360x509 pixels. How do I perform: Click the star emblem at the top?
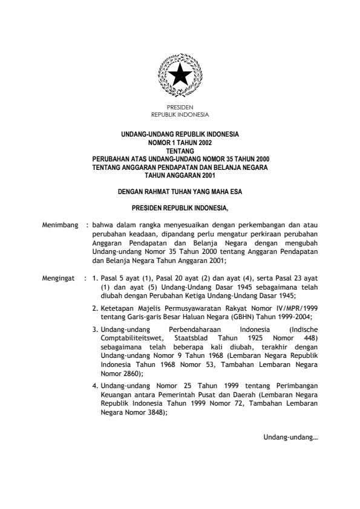(x=180, y=76)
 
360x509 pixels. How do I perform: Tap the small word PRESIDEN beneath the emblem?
(x=180, y=107)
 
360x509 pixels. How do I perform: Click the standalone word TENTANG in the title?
(x=180, y=147)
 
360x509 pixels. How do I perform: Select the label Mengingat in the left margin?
(x=59, y=279)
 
